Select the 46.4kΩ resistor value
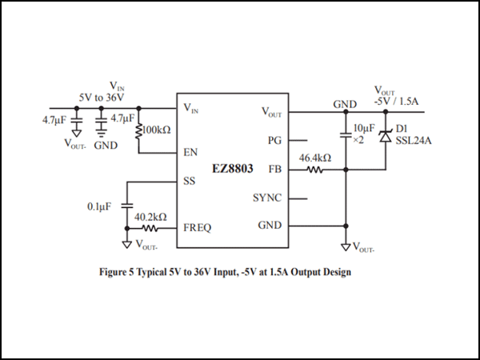315,158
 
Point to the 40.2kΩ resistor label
150,217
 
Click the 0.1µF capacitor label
100,206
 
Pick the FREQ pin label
197,227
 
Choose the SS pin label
189,182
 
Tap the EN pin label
190,151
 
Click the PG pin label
274,140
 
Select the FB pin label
275,170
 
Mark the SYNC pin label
267,197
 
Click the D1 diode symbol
385,137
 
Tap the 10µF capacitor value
363,128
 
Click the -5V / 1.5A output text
398,101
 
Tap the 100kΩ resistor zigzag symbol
140,129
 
